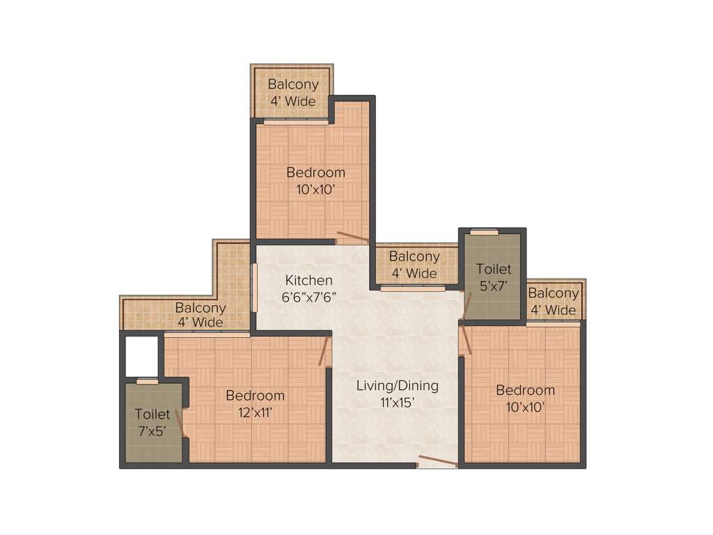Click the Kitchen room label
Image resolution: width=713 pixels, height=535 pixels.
tap(308, 280)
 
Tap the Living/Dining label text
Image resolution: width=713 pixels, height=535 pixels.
tap(397, 385)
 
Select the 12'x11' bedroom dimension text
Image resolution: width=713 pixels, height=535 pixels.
tap(255, 412)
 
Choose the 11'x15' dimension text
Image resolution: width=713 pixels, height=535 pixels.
tap(397, 402)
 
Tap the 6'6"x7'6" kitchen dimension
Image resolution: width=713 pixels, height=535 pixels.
tap(308, 296)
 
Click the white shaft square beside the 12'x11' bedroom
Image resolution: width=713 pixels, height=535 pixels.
tap(141, 356)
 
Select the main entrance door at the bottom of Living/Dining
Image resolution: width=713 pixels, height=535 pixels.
tap(438, 461)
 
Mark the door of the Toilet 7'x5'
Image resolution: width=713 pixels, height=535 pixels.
tap(180, 424)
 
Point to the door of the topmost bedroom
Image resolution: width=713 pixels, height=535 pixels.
tap(352, 238)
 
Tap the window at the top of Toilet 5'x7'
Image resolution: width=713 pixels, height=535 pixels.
tap(484, 232)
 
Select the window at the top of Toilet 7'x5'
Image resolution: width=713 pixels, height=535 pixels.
tap(147, 381)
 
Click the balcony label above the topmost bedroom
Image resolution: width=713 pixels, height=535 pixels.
tap(293, 92)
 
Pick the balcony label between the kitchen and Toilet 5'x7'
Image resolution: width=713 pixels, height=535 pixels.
tap(414, 265)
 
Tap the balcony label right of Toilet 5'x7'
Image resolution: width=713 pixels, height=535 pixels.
tap(554, 302)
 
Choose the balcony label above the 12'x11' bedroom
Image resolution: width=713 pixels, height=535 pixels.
tap(200, 315)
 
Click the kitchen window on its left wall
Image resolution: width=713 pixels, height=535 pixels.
tap(254, 288)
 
